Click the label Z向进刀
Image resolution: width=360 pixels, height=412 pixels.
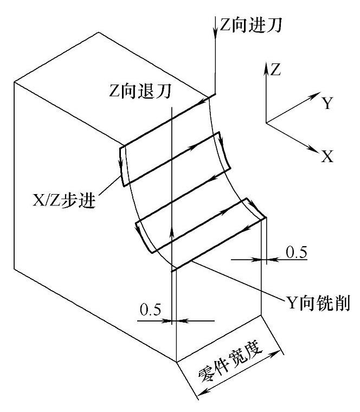250,25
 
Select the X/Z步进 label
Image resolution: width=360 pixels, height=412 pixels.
63,201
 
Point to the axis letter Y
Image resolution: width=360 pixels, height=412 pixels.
327,104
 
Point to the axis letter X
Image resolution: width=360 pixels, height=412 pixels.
326,157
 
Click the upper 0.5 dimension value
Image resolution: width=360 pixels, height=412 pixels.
297,252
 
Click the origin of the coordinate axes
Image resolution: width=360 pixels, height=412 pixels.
266,123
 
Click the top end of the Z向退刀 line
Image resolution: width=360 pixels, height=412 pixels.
171,107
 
